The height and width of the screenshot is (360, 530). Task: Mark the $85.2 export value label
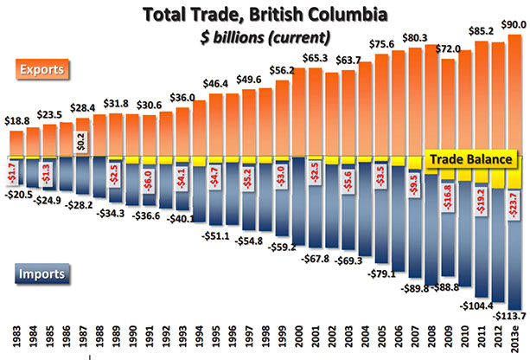478,33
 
